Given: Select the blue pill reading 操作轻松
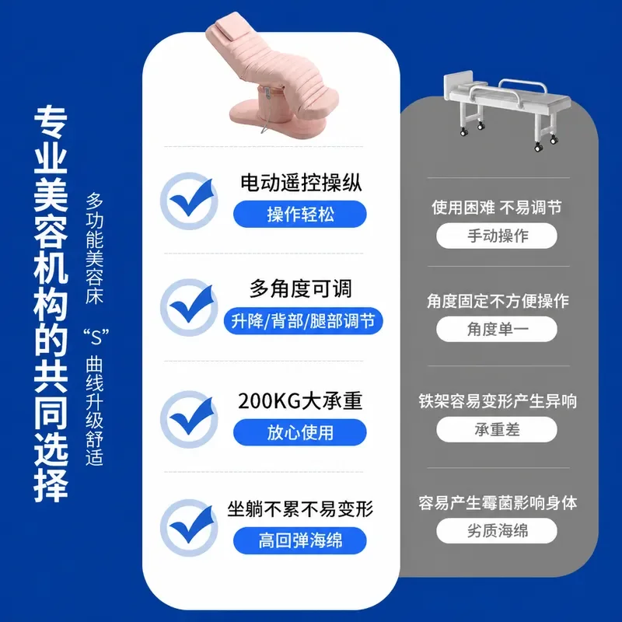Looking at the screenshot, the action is [300, 215].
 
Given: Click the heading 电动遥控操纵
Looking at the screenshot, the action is [301, 183].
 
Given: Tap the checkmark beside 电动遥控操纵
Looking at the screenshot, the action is [190, 201].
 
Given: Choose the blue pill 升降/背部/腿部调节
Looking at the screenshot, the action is [303, 321].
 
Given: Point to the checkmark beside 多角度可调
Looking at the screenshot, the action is [190, 307].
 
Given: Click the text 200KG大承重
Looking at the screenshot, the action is [300, 401].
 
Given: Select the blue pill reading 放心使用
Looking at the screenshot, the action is [300, 432].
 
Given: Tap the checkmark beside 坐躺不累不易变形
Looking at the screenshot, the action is [190, 528].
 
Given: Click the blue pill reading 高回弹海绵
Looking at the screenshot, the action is [300, 540].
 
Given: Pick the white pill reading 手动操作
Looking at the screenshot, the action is [497, 236].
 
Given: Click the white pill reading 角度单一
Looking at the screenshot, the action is [497, 329].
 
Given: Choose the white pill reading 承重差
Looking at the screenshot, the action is [497, 429].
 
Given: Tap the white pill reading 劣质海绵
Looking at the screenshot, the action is [497, 531].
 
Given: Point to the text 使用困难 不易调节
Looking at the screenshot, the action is [497, 208].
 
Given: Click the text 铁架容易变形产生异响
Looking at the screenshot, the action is [498, 401].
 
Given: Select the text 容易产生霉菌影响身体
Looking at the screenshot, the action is [498, 502].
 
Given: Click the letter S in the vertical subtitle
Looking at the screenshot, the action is [96, 337].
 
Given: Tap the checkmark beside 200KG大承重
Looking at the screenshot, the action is [190, 419].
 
